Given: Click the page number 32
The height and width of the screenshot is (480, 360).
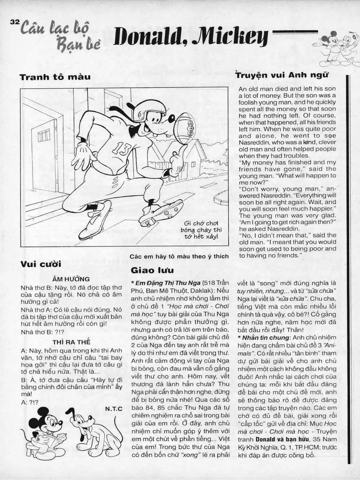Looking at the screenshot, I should pos(14,22).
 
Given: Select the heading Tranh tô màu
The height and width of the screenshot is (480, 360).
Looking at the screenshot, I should pos(55,77).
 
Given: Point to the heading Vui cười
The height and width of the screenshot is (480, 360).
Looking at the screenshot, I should pos(41,264).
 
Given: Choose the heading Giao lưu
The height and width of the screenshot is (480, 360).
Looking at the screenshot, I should pos(152,270).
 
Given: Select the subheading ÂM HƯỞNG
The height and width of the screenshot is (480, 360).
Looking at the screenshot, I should pos(71,279).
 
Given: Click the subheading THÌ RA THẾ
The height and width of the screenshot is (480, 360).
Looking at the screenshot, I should pos(71,342).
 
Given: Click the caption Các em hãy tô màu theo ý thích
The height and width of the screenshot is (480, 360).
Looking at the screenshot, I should pos(179,257).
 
